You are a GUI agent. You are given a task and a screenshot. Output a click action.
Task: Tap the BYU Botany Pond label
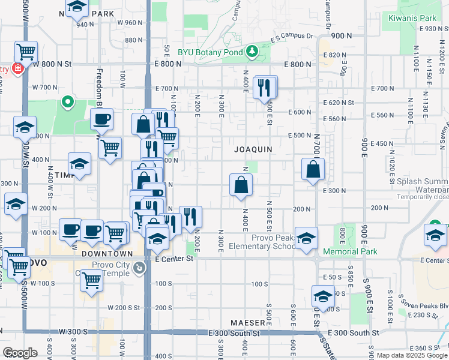(211, 52)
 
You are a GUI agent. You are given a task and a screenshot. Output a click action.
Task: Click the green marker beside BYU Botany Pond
(253, 52)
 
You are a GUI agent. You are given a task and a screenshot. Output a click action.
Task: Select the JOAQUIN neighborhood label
(253, 149)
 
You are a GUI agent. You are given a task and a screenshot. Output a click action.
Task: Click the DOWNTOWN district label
(103, 254)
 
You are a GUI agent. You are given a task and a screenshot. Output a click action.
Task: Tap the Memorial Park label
(351, 251)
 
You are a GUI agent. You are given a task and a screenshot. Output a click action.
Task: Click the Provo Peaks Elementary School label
(280, 242)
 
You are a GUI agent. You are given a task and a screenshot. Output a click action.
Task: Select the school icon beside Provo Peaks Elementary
(306, 238)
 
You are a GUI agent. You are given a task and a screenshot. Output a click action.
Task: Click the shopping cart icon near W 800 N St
(26, 52)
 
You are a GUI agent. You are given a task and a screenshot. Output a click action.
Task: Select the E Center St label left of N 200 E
(174, 259)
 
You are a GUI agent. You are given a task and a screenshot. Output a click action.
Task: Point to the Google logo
(20, 353)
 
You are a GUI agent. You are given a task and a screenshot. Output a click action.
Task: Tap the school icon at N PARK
(77, 8)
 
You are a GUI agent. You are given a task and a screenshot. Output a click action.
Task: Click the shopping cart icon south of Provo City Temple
(92, 278)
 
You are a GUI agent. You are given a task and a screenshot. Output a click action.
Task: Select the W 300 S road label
(74, 332)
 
